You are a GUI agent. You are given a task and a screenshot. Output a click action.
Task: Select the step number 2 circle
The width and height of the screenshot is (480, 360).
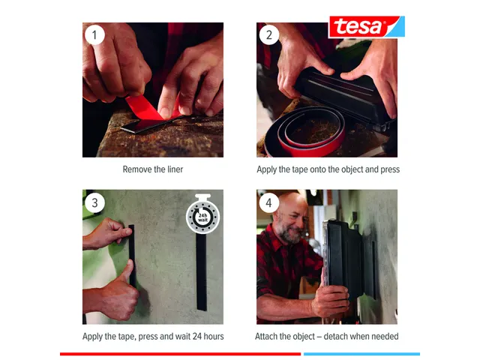click(269, 34)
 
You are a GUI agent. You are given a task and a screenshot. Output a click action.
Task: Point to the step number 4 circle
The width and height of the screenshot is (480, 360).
click(269, 202)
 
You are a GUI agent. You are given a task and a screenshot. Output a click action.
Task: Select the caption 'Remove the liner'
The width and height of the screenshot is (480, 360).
click(153, 169)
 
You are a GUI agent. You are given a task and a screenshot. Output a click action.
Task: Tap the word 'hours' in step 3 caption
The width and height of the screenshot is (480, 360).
click(211, 337)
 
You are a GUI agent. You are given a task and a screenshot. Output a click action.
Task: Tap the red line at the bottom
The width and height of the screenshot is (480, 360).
click(180, 353)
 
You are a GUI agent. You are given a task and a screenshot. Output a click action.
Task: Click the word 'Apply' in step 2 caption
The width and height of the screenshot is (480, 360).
click(268, 169)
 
